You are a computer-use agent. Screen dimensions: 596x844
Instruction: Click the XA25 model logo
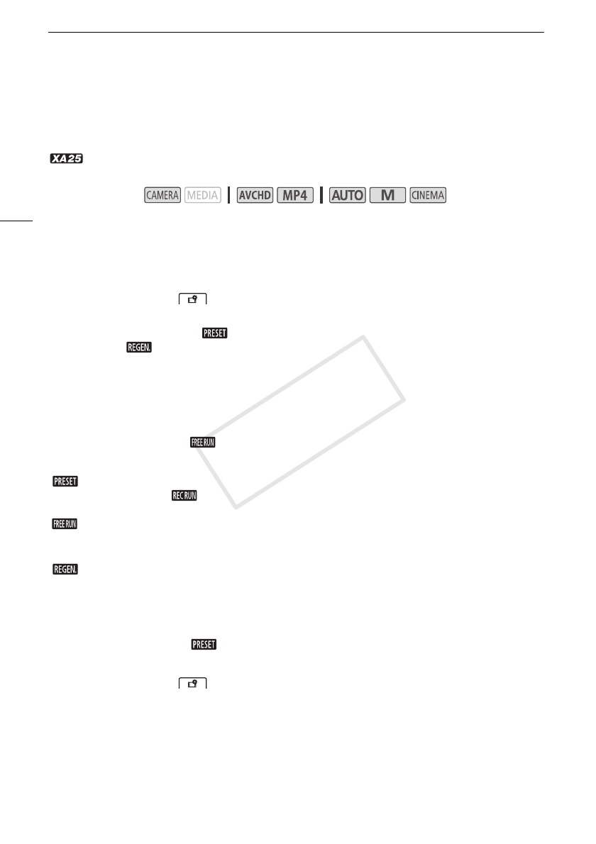pyautogui.click(x=66, y=159)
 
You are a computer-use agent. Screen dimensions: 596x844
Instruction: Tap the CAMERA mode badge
pyautogui.click(x=162, y=195)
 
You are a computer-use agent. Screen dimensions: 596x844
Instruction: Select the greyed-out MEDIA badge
pyautogui.click(x=202, y=195)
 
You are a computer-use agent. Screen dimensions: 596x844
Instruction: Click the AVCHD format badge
pyautogui.click(x=255, y=195)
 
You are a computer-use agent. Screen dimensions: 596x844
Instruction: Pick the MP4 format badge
pyautogui.click(x=295, y=195)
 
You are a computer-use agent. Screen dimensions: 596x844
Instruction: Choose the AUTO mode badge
pyautogui.click(x=348, y=195)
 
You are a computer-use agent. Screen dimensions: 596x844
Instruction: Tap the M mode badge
pyautogui.click(x=387, y=195)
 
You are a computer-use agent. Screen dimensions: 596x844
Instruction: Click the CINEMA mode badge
pyautogui.click(x=428, y=195)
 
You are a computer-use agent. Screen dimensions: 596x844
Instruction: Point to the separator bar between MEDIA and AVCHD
pyautogui.click(x=228, y=195)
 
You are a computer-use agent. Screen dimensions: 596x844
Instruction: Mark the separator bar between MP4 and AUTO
pyautogui.click(x=321, y=195)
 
